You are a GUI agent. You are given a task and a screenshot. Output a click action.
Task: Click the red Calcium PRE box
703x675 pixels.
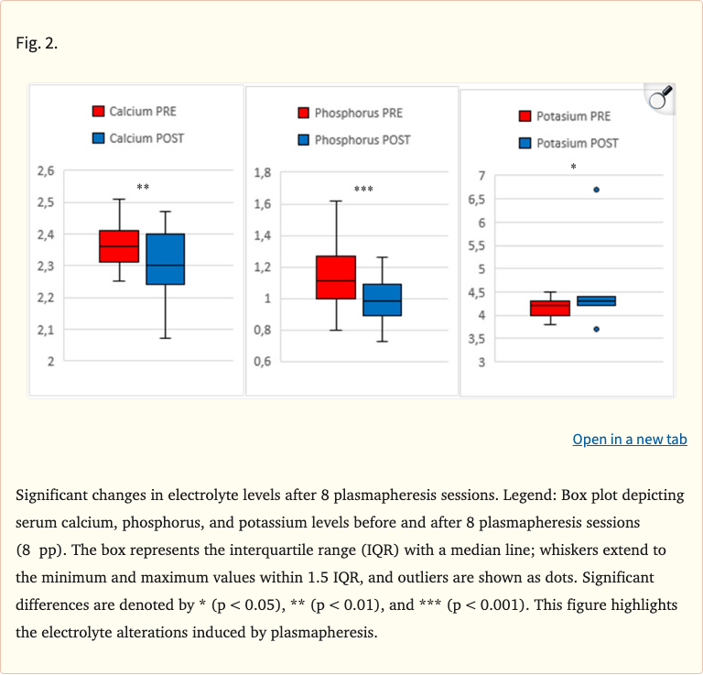(119, 246)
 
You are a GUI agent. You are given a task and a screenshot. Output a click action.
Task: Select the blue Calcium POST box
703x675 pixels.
(165, 259)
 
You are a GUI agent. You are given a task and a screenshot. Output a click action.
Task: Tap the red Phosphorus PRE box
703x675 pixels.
(336, 277)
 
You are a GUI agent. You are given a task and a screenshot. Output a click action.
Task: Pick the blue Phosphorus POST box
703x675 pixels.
(382, 299)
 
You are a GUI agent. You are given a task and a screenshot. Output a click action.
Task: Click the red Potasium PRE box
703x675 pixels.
(550, 308)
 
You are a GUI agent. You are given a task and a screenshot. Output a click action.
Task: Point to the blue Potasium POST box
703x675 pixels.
(596, 300)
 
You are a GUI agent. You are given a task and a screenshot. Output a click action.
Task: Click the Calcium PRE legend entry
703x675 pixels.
(134, 112)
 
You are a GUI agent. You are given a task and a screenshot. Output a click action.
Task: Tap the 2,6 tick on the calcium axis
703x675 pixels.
(46, 170)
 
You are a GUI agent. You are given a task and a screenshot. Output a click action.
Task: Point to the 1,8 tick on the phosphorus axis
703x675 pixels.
(263, 172)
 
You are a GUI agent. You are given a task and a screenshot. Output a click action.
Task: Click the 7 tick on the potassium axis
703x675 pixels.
(481, 176)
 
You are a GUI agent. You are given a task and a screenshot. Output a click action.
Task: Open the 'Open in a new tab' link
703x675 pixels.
(629, 440)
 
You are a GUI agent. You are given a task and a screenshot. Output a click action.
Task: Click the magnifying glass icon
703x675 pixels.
(660, 97)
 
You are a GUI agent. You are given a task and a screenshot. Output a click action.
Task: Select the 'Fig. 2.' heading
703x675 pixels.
(37, 43)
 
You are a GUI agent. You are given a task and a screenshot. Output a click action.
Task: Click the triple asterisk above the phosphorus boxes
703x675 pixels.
(363, 190)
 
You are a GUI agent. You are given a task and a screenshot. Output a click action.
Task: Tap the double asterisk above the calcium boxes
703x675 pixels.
(143, 187)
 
